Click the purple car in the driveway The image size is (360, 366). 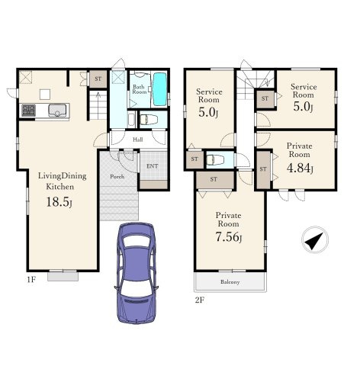(x=136, y=273)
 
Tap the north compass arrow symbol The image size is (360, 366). (x=315, y=240)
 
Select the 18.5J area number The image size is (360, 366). (x=59, y=202)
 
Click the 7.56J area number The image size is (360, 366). (x=229, y=237)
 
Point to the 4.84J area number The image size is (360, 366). (x=300, y=168)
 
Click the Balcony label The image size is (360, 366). (x=230, y=282)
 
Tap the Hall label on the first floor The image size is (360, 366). (x=138, y=140)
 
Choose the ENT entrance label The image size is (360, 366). (x=153, y=166)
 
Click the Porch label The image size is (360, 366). (x=117, y=176)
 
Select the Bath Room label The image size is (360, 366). (x=140, y=89)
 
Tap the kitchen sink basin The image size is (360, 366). (x=57, y=111)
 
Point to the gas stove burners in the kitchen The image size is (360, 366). (x=28, y=111)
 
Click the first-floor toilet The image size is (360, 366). (x=148, y=119)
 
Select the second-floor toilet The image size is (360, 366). (x=215, y=160)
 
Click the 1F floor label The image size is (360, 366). (x=31, y=280)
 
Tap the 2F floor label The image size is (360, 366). (x=200, y=300)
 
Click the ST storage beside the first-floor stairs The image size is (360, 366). (x=98, y=79)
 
